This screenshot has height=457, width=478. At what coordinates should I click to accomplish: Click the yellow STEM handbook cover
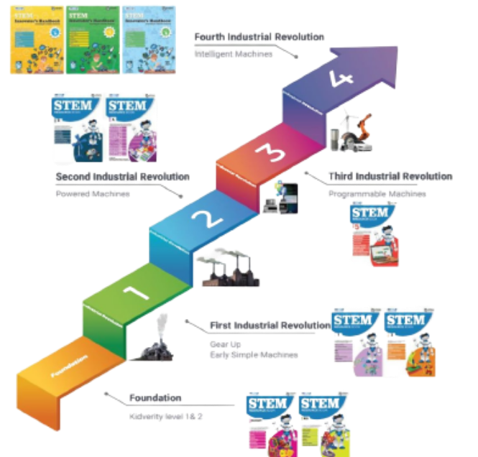[x=33, y=39]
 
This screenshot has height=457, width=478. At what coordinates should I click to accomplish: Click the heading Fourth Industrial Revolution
[x=259, y=37]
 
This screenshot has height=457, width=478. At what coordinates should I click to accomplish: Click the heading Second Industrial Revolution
[x=123, y=176]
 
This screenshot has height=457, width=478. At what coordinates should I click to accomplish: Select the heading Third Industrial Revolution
[x=390, y=176]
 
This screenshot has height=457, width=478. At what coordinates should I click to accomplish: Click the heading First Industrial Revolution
[x=270, y=326]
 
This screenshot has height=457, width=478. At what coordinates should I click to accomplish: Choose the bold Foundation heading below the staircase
[x=155, y=397]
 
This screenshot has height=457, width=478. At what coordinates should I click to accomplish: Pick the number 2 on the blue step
[x=203, y=218]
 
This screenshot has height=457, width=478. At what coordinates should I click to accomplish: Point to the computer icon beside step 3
[x=281, y=196]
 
